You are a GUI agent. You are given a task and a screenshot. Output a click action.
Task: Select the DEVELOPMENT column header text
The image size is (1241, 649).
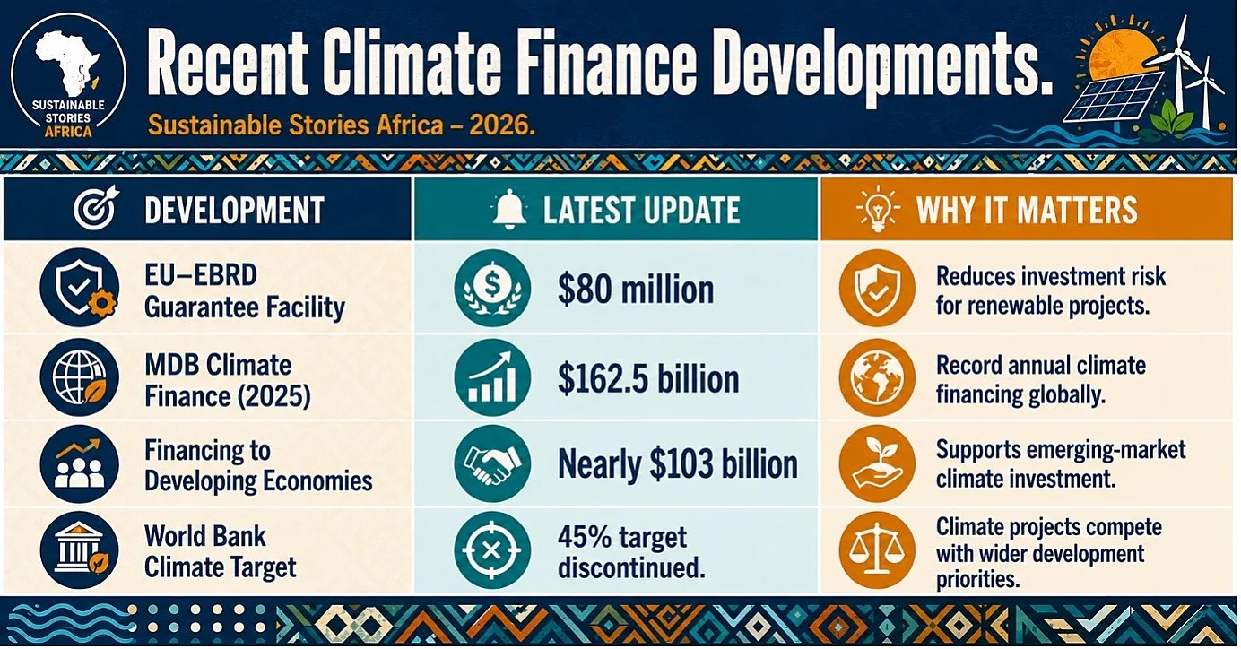point(234,210)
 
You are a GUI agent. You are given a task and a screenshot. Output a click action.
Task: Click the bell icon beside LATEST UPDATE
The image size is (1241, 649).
point(509,209)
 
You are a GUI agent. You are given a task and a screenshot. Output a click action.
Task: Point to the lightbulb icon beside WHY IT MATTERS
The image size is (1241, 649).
point(878,210)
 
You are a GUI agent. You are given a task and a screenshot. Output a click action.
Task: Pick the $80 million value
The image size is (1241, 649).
point(636,290)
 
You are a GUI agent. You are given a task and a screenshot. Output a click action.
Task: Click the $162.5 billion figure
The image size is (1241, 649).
point(647,379)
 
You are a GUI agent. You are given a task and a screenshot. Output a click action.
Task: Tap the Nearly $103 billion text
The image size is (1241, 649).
point(677,464)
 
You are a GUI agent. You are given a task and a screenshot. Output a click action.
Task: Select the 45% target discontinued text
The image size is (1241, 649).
point(631,552)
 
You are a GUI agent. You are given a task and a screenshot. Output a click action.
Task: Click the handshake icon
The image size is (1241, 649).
point(492,463)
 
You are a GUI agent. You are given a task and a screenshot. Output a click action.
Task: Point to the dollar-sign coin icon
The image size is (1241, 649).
point(492,288)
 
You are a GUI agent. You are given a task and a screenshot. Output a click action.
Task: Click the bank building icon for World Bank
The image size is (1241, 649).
point(79,550)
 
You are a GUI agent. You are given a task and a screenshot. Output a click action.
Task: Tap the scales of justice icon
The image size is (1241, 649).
point(877,550)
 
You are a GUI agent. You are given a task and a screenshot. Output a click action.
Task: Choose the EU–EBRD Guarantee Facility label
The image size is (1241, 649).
point(244,291)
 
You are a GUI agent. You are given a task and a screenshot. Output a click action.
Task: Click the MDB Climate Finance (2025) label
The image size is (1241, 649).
point(227,381)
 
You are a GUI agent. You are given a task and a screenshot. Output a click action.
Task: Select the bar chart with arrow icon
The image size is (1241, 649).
point(492,377)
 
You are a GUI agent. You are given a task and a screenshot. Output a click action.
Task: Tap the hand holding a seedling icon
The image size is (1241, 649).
point(877,463)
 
